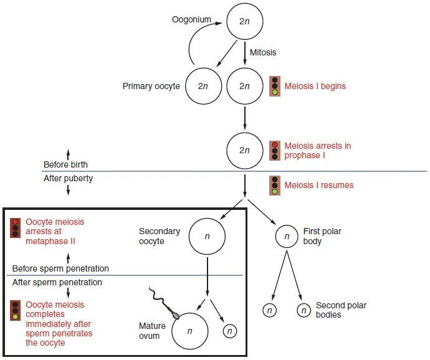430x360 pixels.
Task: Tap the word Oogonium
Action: (191, 20)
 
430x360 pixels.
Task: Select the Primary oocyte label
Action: (151, 86)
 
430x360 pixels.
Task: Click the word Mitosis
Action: (263, 52)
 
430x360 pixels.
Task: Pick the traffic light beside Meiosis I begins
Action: (275, 86)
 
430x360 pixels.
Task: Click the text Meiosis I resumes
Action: (318, 185)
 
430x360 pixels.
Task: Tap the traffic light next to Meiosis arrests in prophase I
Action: (275, 151)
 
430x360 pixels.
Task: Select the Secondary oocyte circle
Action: (207, 236)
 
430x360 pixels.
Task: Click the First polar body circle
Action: (287, 236)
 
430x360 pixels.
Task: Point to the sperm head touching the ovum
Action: (176, 315)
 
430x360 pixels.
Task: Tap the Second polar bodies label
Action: (341, 310)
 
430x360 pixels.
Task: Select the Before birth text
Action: (65, 165)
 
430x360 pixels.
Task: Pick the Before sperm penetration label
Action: (60, 268)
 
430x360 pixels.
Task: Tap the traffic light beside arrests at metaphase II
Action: (16, 228)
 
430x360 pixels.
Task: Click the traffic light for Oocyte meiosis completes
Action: (16, 310)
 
